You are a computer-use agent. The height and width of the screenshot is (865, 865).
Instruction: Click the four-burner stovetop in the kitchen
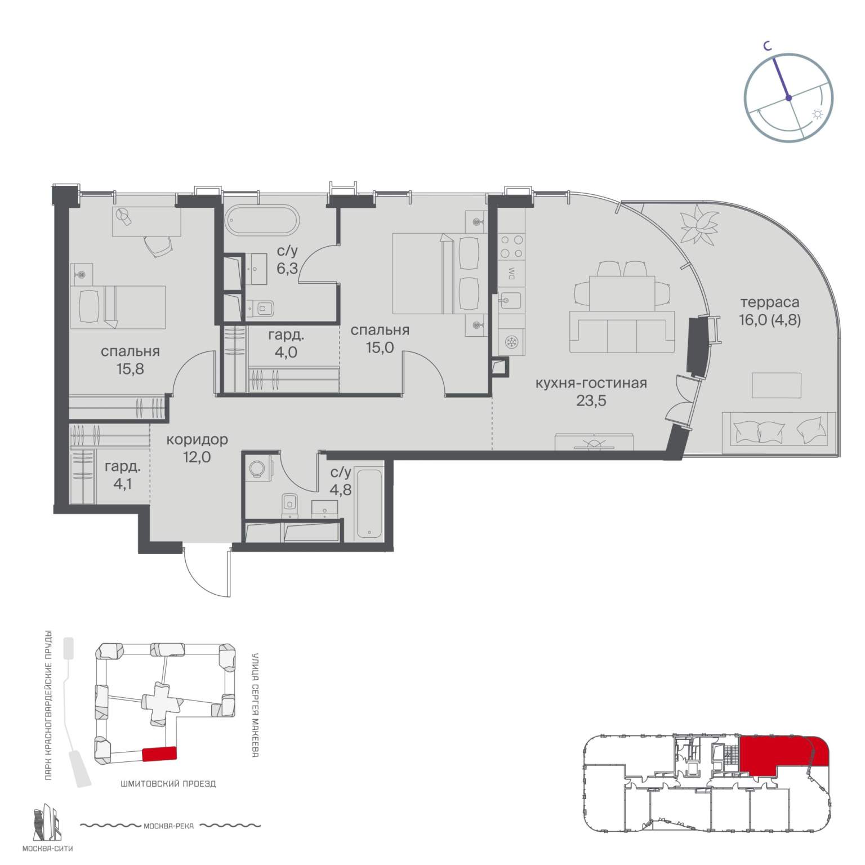511,246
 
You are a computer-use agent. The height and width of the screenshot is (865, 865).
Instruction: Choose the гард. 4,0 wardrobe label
286,344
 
